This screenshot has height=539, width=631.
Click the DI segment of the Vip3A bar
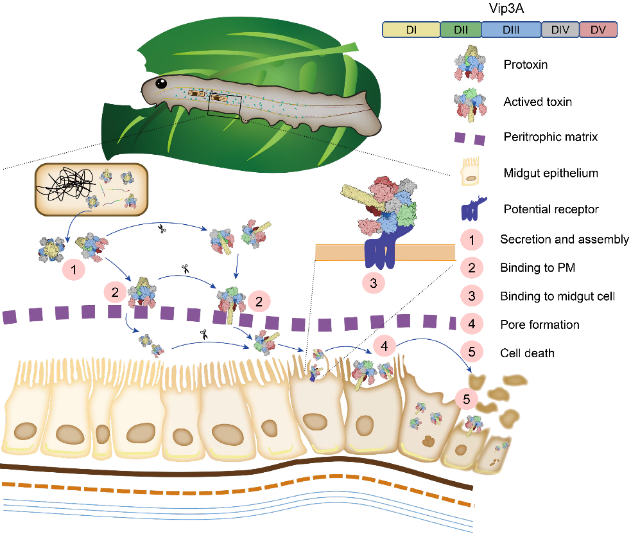pyautogui.click(x=411, y=29)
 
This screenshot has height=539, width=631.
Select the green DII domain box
pyautogui.click(x=460, y=29)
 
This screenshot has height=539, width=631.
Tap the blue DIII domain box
pyautogui.click(x=511, y=29)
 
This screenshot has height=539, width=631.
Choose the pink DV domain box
pyautogui.click(x=598, y=29)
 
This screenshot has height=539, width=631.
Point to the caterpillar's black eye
pyautogui.click(x=162, y=83)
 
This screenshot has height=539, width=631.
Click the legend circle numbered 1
pyautogui.click(x=472, y=240)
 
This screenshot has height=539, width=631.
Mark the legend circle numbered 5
pyautogui.click(x=472, y=353)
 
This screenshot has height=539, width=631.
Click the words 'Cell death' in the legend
pyautogui.click(x=528, y=353)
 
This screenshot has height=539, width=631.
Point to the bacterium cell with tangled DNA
pyautogui.click(x=92, y=188)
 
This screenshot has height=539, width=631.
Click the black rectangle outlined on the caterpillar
pyautogui.click(x=225, y=105)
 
